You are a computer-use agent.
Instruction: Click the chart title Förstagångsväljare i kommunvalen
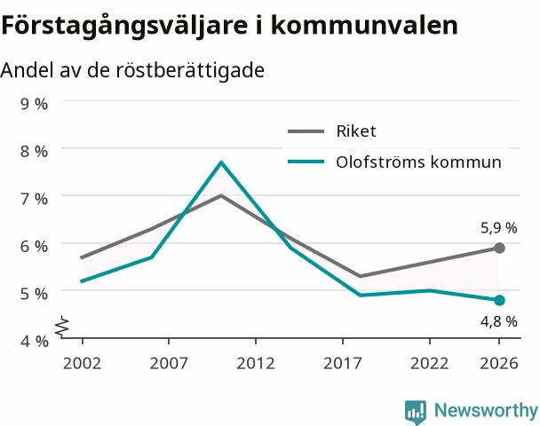(229, 26)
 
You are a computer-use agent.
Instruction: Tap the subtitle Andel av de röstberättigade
(132, 70)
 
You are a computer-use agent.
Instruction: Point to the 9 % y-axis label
(34, 104)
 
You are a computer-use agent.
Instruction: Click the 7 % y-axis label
(34, 199)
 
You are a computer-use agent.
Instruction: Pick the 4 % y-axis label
(34, 342)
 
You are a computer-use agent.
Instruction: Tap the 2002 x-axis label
(82, 363)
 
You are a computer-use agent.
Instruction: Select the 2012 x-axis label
(256, 363)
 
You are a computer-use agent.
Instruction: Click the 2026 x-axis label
(499, 363)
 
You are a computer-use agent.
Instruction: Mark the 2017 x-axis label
(343, 363)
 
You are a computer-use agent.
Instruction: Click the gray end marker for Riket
(499, 248)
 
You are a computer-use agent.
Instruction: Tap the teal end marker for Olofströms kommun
(499, 300)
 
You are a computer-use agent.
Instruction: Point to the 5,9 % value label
(499, 228)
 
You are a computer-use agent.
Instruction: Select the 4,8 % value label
(499, 321)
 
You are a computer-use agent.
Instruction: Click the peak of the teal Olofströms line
(221, 162)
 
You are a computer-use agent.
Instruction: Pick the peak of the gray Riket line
(221, 195)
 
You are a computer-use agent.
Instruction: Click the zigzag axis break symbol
(62, 326)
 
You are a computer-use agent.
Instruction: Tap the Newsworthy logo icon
(416, 413)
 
